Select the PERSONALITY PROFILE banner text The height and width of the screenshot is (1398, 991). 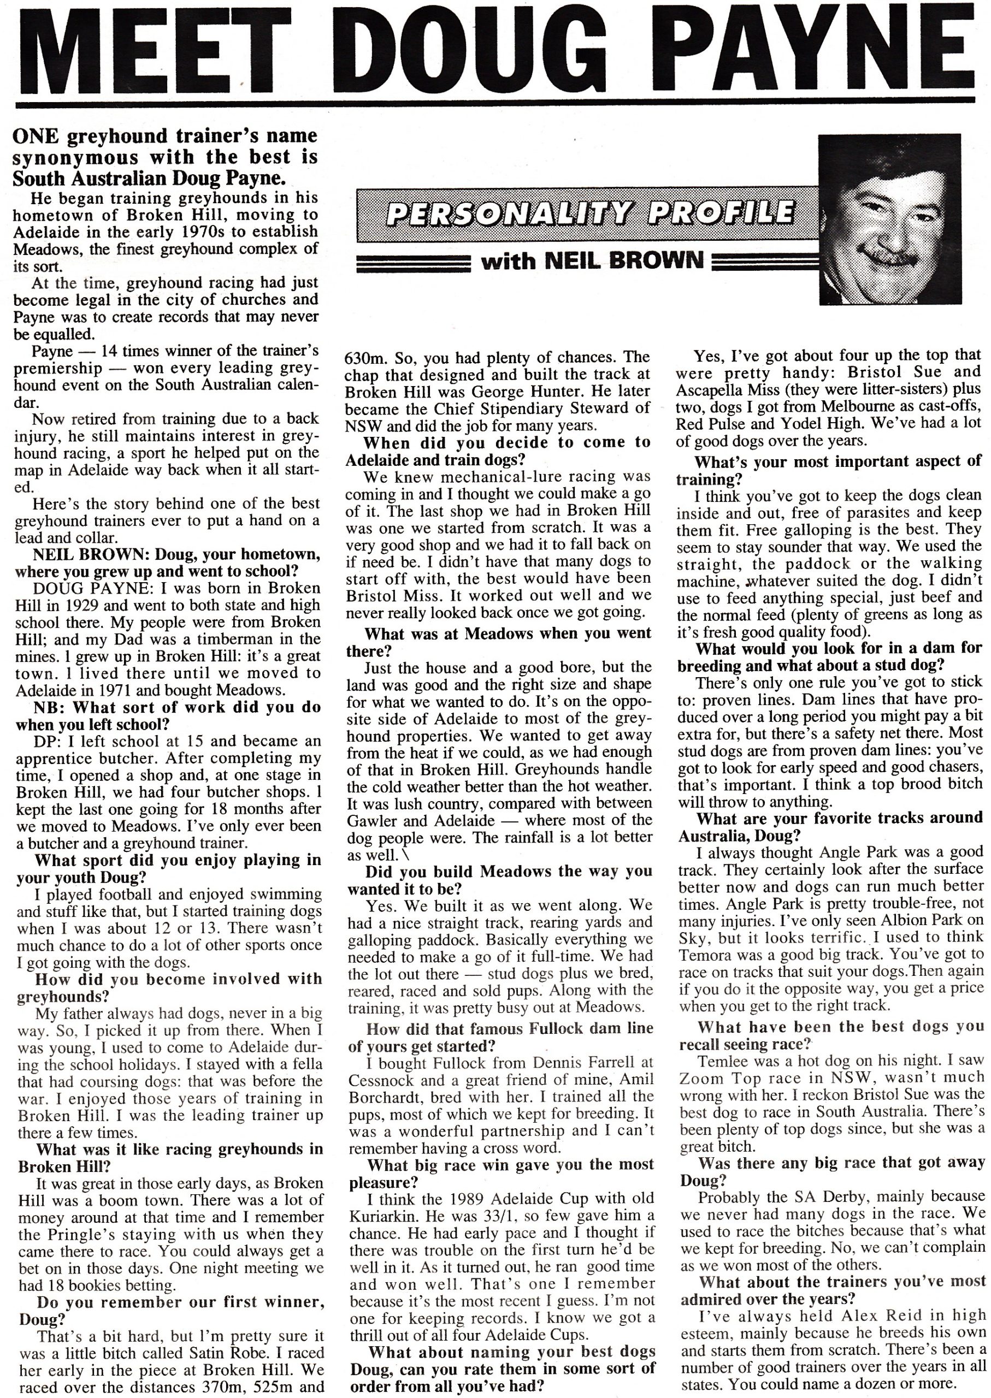click(590, 214)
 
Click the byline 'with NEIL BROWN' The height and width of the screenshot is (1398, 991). click(592, 261)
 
